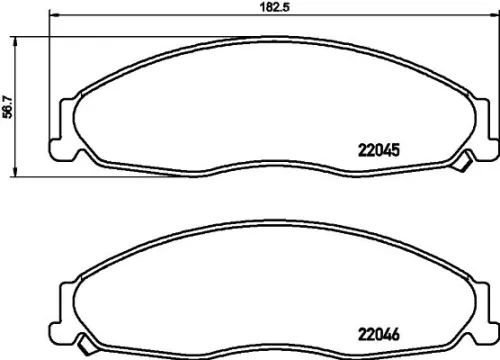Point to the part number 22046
tap(379, 337)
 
